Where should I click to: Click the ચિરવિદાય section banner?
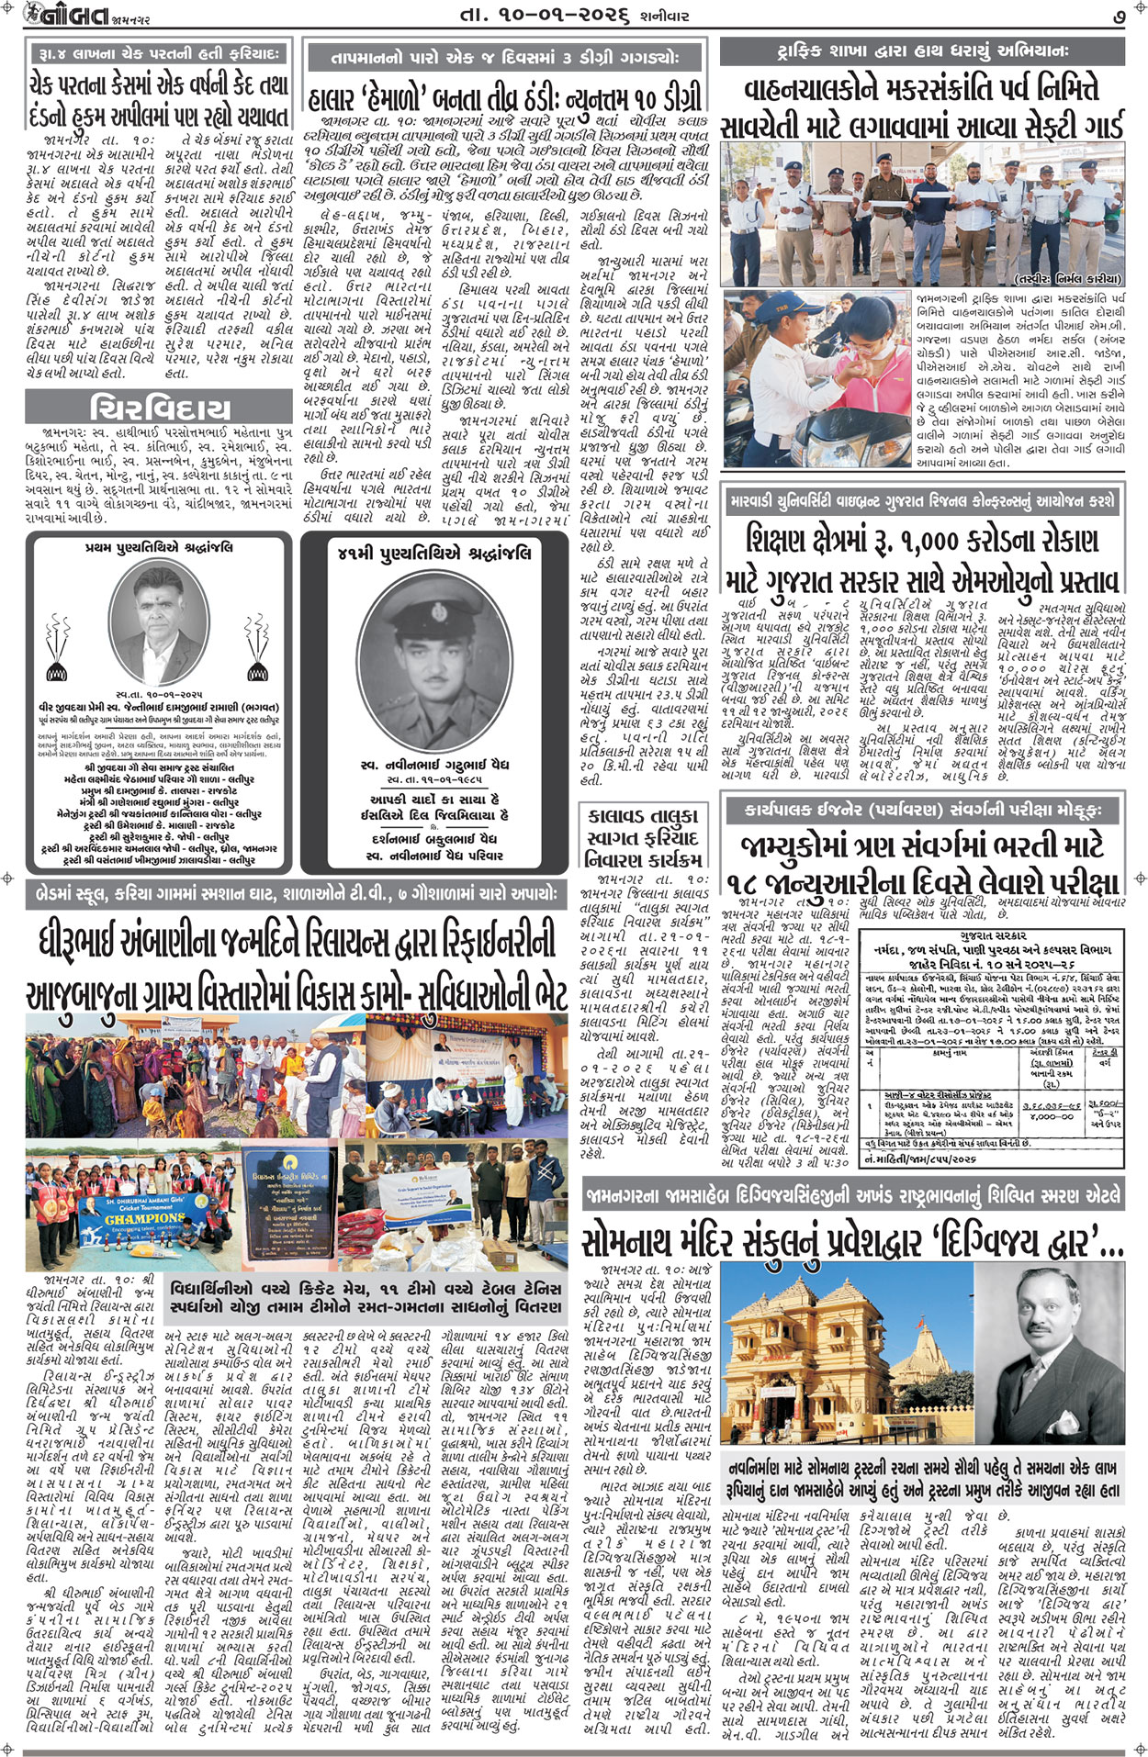pyautogui.click(x=160, y=407)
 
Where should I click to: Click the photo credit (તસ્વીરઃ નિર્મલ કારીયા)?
pyautogui.click(x=1068, y=278)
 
